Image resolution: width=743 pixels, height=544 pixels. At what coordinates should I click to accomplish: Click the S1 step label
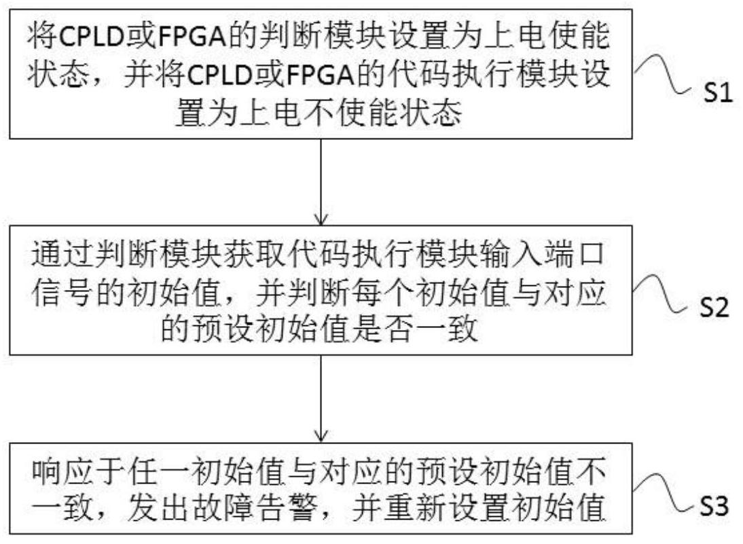click(717, 92)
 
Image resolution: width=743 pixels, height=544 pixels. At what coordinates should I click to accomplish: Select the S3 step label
click(714, 506)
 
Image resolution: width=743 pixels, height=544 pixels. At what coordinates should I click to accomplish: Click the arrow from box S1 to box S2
click(321, 181)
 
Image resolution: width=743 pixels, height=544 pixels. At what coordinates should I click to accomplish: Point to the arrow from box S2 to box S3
click(321, 398)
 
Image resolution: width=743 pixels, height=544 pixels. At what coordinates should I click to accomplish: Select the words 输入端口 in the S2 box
click(542, 255)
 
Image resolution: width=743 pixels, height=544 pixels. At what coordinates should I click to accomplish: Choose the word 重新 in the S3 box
click(415, 510)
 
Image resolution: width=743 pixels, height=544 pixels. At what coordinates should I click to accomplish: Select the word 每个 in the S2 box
click(382, 292)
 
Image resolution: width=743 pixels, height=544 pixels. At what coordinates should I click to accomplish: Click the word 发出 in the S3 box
click(158, 510)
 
